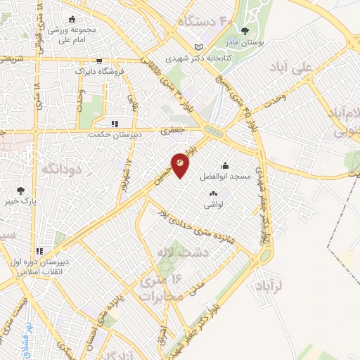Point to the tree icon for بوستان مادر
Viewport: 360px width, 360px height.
tap(245, 30)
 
